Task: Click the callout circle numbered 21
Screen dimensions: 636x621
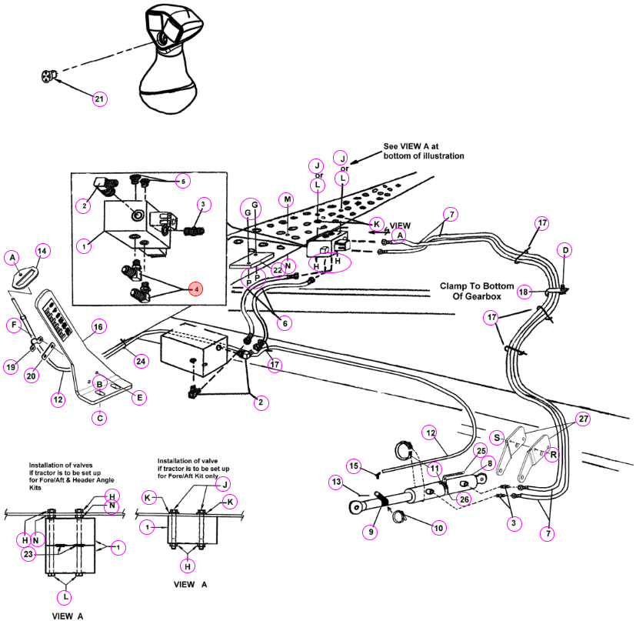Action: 100,99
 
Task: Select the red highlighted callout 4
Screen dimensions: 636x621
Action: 196,289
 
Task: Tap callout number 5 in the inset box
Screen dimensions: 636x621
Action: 183,181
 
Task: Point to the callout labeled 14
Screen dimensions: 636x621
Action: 42,251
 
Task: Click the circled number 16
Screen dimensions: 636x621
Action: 98,327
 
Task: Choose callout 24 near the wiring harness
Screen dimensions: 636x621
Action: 141,361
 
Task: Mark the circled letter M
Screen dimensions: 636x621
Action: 287,199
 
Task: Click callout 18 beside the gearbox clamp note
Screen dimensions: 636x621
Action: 524,292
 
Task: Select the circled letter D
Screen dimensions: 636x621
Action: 565,250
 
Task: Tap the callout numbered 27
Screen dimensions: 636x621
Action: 583,419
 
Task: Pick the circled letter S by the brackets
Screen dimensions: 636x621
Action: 497,438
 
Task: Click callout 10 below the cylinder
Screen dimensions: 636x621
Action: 438,528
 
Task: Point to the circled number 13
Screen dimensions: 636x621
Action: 336,482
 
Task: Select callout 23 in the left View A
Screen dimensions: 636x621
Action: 28,554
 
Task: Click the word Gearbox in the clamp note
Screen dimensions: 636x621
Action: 477,296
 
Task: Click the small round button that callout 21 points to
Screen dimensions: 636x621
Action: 48,76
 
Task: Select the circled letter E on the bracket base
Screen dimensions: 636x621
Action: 139,397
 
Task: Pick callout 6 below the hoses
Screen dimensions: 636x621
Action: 285,323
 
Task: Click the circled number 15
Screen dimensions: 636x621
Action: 354,466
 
